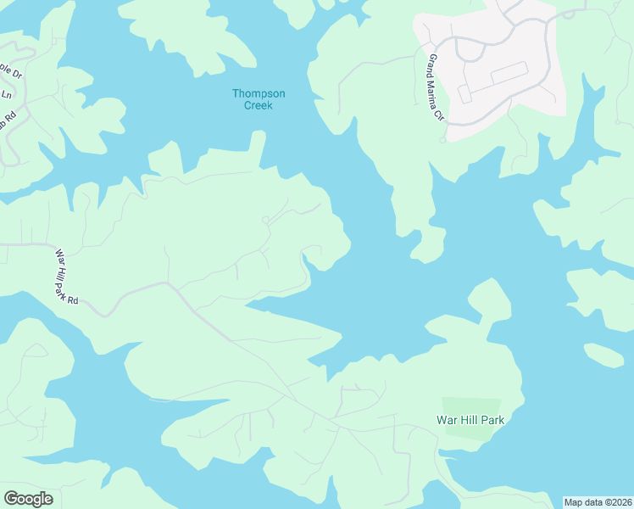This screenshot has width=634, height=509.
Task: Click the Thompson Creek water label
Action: click(x=259, y=98)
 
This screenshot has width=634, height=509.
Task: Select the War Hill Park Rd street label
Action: click(x=67, y=277)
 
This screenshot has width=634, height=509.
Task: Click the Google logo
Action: click(x=28, y=499)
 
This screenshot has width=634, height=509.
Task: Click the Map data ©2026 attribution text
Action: click(x=598, y=502)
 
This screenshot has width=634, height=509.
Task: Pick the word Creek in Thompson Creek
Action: click(x=259, y=104)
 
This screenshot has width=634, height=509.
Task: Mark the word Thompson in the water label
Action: click(x=259, y=92)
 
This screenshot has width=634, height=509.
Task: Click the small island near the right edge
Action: click(x=603, y=355)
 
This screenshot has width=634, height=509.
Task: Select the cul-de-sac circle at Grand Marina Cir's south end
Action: click(x=442, y=139)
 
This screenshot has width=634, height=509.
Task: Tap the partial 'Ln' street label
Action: click(x=7, y=94)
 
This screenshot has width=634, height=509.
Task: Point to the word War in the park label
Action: click(x=447, y=420)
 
